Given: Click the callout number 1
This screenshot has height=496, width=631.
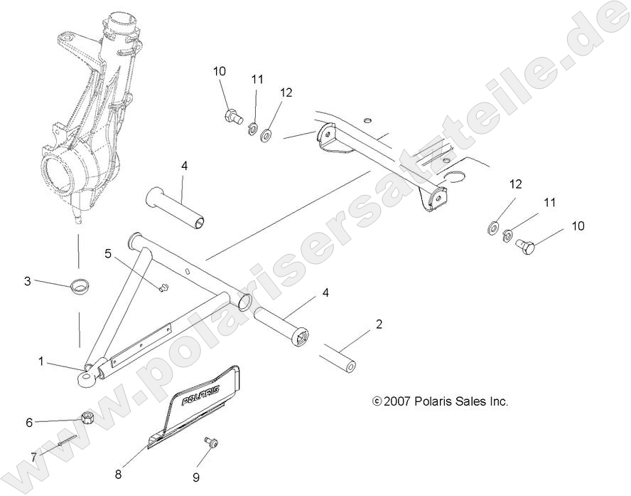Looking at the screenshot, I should click(41, 362).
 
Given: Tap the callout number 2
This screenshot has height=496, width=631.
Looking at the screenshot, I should click(379, 324).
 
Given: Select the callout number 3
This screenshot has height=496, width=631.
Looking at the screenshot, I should click(28, 281).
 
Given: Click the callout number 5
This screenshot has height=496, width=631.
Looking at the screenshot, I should click(109, 253).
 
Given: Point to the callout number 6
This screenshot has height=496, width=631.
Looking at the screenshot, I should click(29, 422).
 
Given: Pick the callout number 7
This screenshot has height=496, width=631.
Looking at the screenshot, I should click(33, 457).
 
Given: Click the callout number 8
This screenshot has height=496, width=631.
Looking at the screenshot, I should click(119, 473).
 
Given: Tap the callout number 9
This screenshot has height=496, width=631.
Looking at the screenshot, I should click(195, 476).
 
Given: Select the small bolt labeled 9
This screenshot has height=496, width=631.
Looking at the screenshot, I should click(211, 443).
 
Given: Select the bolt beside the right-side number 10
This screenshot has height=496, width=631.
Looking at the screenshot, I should click(526, 246).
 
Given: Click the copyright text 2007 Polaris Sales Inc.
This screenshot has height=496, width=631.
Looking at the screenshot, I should click(441, 401).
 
